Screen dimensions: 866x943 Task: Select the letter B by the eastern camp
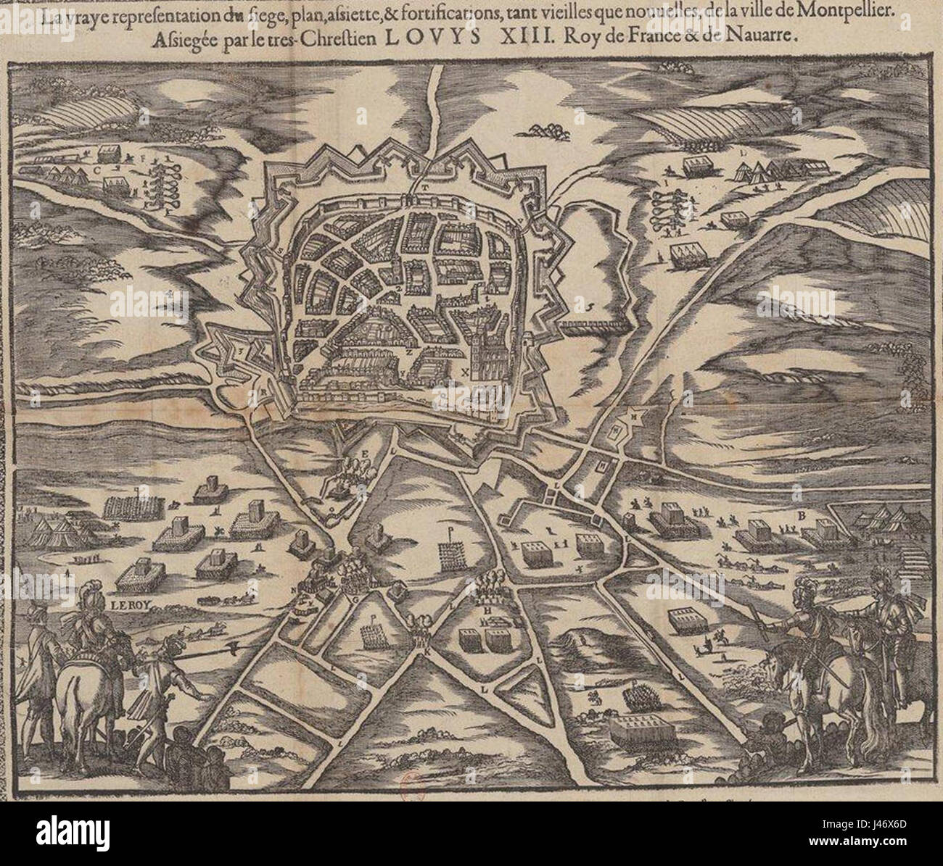click(802, 516)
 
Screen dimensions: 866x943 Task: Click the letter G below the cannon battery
click(355, 599)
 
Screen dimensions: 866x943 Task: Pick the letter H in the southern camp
click(488, 610)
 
